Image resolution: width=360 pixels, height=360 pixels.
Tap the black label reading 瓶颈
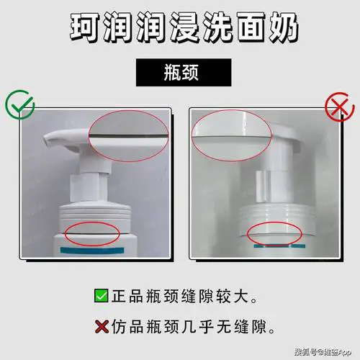(179, 73)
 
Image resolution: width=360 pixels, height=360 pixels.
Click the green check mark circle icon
(19, 106)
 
